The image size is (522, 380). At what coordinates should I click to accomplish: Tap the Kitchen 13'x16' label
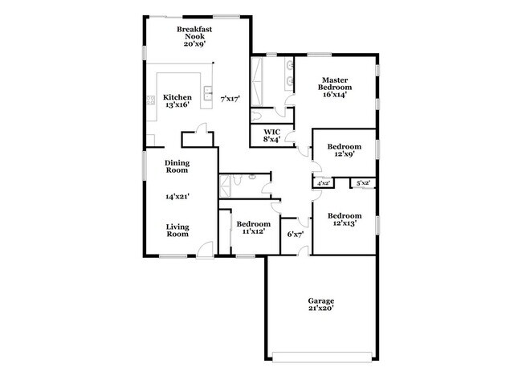click(177, 101)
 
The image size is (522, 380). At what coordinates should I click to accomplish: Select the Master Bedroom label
click(334, 85)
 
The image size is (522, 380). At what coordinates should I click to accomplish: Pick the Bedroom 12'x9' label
click(345, 150)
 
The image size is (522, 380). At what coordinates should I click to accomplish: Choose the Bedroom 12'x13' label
click(345, 219)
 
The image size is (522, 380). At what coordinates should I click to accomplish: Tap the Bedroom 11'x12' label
click(253, 227)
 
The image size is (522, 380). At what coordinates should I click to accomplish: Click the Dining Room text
click(177, 166)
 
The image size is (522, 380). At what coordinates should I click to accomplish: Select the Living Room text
click(177, 230)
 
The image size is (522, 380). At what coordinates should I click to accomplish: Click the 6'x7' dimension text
click(295, 235)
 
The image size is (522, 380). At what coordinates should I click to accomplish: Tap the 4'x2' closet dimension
click(324, 184)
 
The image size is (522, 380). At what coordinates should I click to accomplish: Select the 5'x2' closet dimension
click(364, 184)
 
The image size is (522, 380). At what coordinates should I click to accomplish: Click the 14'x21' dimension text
click(177, 196)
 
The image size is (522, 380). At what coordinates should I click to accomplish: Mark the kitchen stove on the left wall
click(149, 100)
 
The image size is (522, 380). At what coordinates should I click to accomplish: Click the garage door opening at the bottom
click(320, 355)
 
